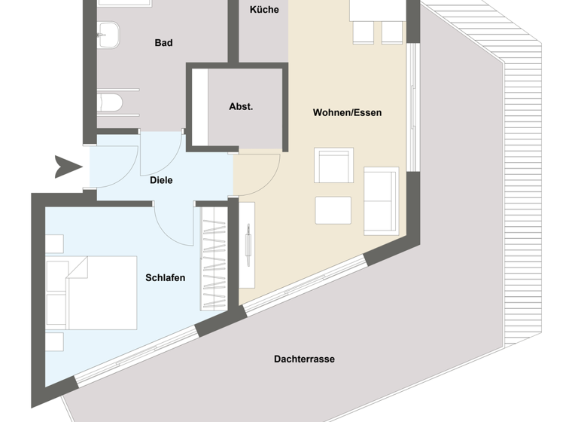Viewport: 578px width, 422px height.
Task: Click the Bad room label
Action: point(163,43)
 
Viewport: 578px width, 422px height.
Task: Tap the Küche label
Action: point(264,10)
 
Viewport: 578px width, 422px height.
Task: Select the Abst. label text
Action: point(241,107)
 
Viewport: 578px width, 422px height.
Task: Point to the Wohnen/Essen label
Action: point(347,113)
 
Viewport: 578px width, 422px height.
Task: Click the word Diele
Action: point(161,180)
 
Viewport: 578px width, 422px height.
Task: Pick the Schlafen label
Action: point(165,278)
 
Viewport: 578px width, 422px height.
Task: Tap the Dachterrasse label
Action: point(304,359)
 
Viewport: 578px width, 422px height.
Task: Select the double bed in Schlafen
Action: point(92,292)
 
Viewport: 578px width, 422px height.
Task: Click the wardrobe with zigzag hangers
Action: point(213,256)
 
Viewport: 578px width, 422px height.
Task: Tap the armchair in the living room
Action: point(333,165)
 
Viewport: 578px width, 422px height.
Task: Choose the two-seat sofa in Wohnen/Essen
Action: point(381,200)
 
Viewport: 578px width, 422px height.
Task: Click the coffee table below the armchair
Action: point(333,210)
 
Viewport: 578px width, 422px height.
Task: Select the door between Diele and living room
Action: point(259,170)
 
